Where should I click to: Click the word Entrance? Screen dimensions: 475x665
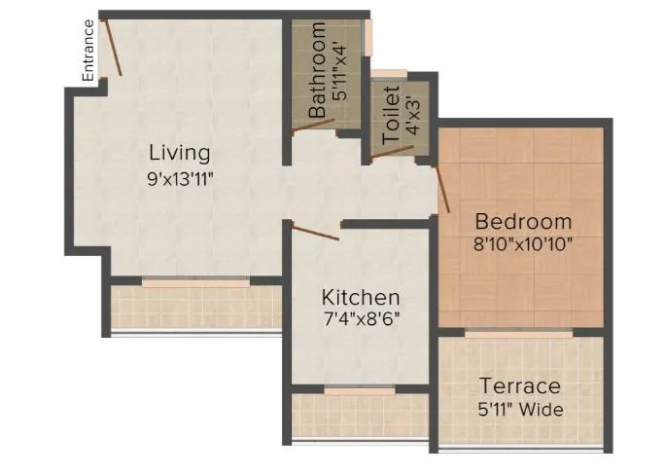pyautogui.click(x=87, y=50)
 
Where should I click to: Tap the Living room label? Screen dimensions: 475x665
pyautogui.click(x=179, y=153)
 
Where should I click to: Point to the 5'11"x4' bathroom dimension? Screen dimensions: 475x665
pyautogui.click(x=339, y=71)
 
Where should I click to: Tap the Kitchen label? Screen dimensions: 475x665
pyautogui.click(x=361, y=297)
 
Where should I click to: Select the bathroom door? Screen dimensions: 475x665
pyautogui.click(x=313, y=126)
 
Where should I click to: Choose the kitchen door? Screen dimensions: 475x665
pyautogui.click(x=315, y=232)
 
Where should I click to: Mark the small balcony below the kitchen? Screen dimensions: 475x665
pyautogui.click(x=361, y=414)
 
